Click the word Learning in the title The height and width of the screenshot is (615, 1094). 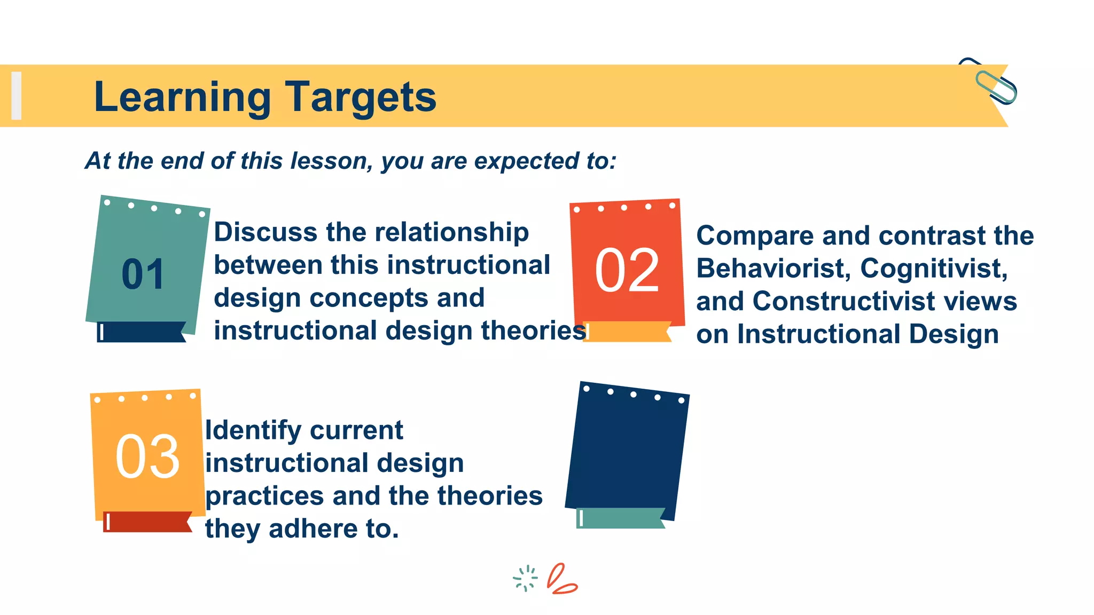point(182,97)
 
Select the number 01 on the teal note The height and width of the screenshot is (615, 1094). point(143,274)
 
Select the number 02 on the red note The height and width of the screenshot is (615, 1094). point(627,271)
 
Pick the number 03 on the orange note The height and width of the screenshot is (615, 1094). point(147,456)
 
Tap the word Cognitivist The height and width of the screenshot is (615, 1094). point(934,269)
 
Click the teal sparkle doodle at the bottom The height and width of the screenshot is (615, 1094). point(525,578)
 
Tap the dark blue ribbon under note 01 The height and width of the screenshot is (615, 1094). point(142,332)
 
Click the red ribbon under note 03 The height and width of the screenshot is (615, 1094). point(147,522)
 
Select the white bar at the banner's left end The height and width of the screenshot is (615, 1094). point(17,96)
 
